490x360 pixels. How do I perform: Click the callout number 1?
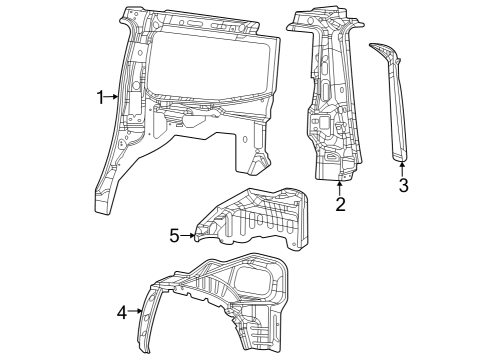point(100,97)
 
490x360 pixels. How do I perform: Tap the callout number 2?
point(340,205)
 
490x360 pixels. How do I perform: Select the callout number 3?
point(403,186)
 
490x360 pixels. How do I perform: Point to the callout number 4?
point(122,312)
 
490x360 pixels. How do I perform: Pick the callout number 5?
point(174,236)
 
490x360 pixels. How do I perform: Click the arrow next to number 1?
point(113,97)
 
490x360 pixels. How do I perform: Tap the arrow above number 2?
point(340,187)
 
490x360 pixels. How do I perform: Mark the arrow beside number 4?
point(135,312)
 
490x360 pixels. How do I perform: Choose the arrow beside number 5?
point(187,236)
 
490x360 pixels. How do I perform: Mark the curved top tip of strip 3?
point(378,47)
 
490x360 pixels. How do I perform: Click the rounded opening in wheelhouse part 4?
point(255,279)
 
